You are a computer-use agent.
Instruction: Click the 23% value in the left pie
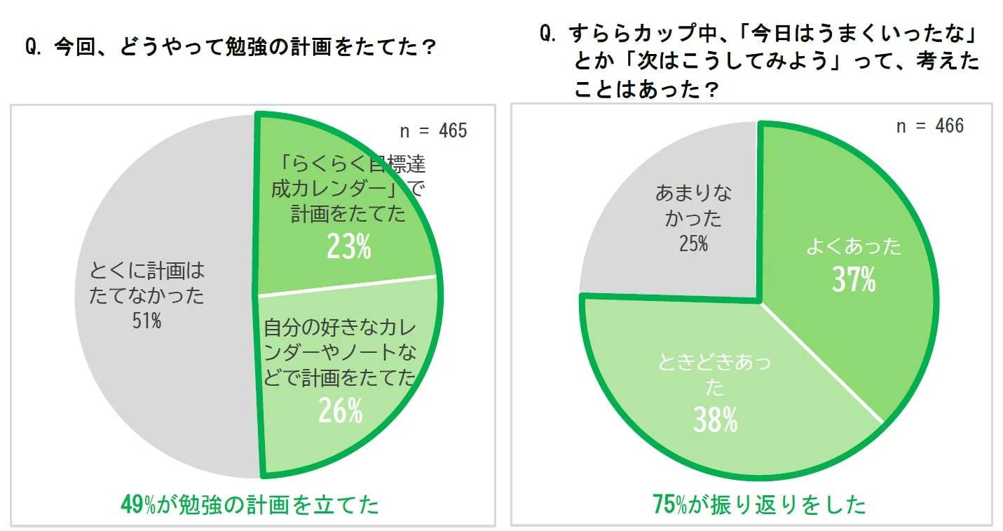348,246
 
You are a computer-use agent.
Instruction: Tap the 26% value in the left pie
341,411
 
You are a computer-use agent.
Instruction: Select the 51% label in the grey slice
146,322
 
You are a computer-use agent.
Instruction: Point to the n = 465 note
433,131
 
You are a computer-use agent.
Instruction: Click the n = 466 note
930,126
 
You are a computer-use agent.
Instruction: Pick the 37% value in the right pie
854,280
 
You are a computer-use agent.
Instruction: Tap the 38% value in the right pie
715,420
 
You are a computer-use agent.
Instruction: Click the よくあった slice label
853,247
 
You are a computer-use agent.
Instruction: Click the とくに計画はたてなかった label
146,283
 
